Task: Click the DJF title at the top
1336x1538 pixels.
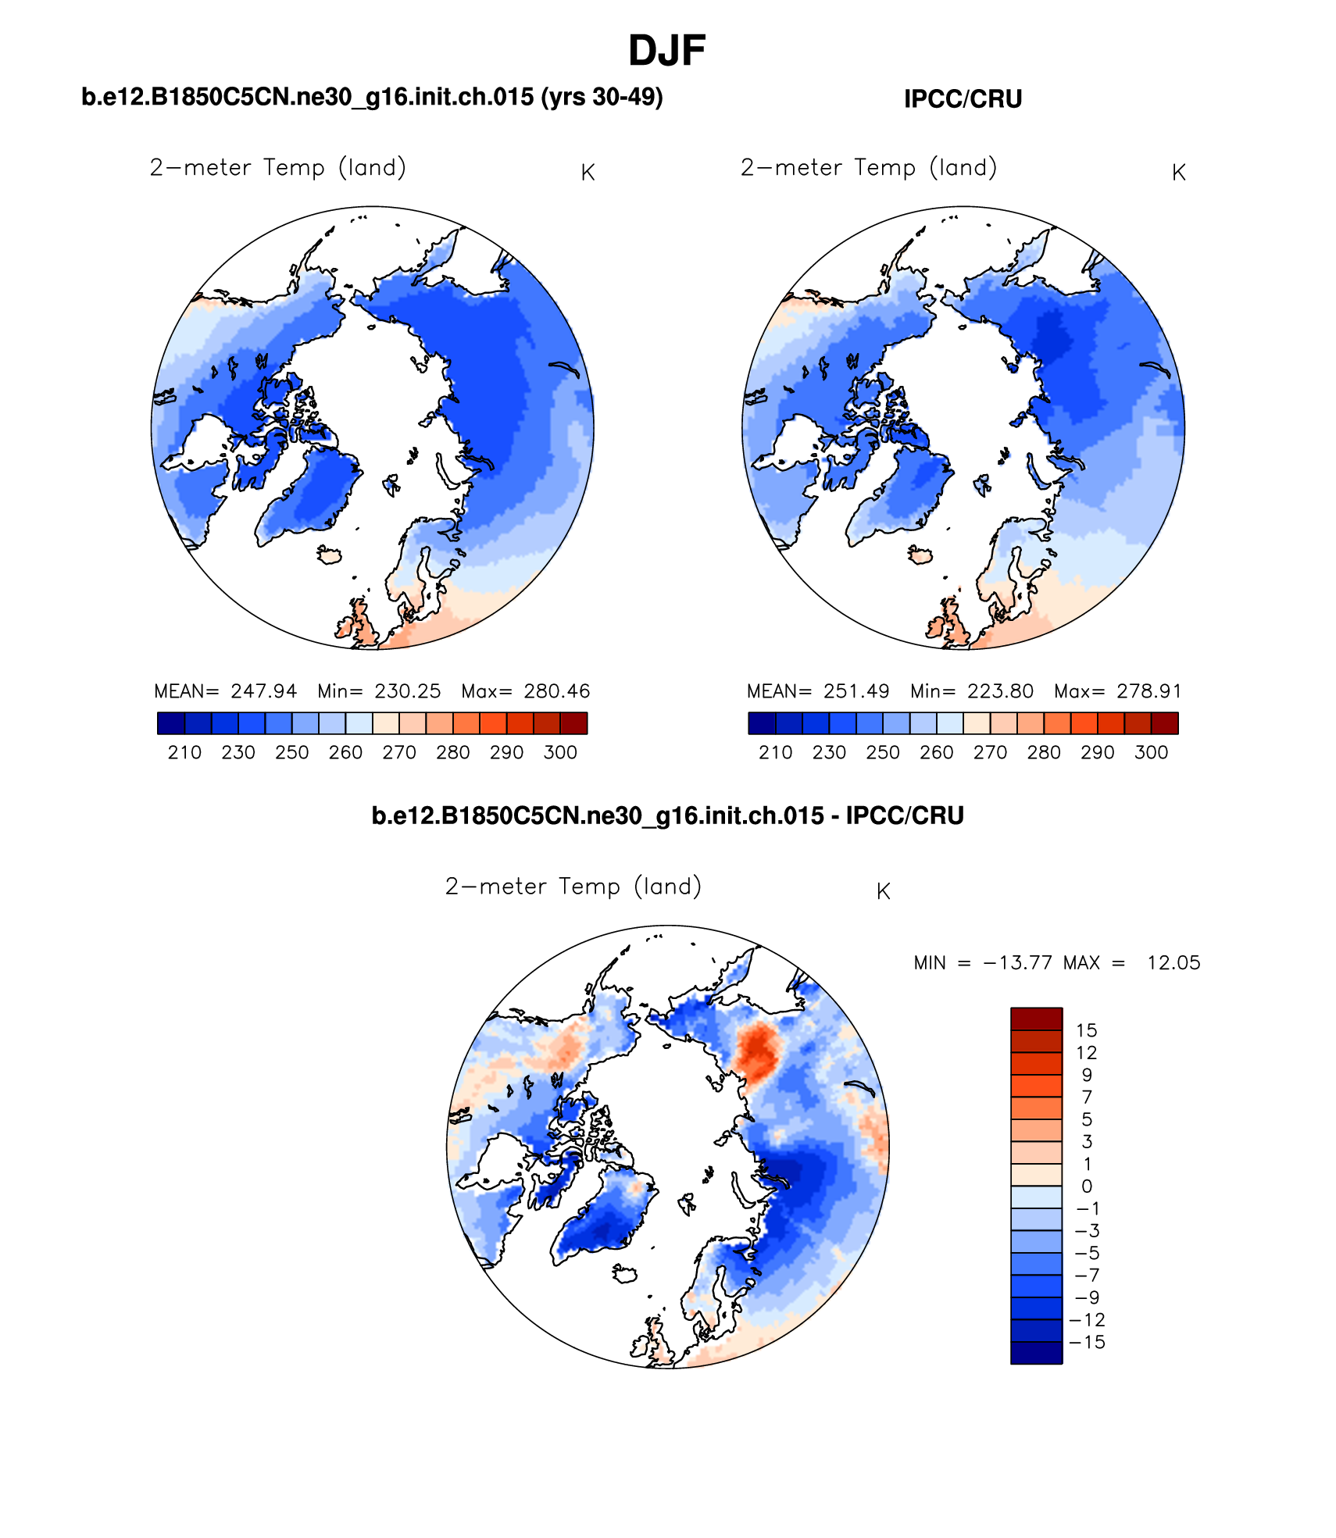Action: [666, 52]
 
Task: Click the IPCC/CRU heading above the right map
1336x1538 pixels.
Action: [963, 99]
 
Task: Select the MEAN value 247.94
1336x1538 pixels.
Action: [263, 691]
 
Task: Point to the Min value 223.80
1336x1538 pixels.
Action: [1000, 691]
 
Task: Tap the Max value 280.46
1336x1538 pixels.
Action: [556, 691]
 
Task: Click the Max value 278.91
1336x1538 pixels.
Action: [1148, 691]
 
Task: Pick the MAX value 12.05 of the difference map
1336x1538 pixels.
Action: [1173, 962]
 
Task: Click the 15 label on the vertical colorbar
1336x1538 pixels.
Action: [1086, 1030]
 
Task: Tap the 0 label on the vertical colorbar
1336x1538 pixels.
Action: [1086, 1187]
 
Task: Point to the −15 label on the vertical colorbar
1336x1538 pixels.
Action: [1087, 1342]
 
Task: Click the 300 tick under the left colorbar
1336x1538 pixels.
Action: [560, 752]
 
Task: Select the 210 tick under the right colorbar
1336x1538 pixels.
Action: [775, 752]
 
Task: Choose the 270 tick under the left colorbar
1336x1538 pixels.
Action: [398, 752]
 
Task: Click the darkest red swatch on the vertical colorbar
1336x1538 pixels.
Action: [1036, 1019]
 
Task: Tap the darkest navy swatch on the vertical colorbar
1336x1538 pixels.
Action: [1036, 1353]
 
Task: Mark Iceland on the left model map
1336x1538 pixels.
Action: [330, 555]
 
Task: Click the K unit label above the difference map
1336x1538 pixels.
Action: [883, 891]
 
